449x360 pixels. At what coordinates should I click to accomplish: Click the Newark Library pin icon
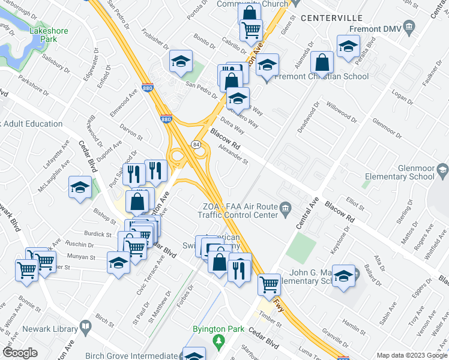coord(86,328)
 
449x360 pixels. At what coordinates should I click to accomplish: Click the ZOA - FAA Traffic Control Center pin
coord(286,208)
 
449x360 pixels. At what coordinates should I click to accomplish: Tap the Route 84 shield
coord(196,144)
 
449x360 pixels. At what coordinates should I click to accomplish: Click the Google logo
coord(20,353)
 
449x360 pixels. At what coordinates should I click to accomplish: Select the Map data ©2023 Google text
coord(412,355)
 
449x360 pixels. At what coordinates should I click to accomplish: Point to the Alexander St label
coord(233,154)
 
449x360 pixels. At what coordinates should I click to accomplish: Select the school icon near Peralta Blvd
coord(348,46)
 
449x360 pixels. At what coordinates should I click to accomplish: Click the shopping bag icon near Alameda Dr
coord(323,61)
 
